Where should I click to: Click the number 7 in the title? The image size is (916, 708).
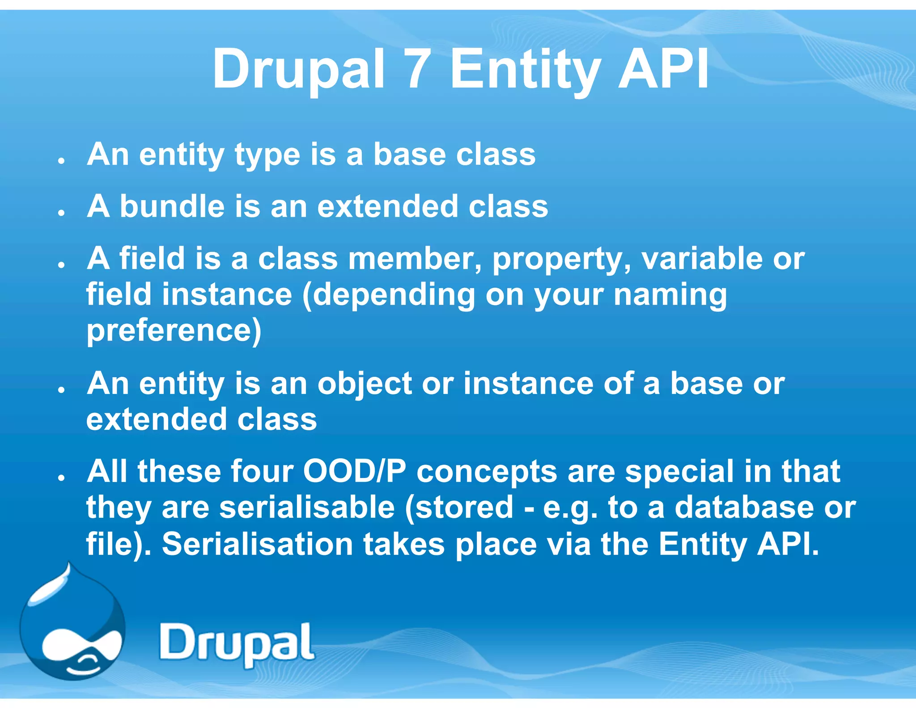pos(416,69)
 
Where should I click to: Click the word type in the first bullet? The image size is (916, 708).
pos(267,156)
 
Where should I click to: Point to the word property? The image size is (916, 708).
pos(561,260)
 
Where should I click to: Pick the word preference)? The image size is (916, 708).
pos(174,332)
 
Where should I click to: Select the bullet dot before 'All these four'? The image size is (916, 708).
pos(62,478)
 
